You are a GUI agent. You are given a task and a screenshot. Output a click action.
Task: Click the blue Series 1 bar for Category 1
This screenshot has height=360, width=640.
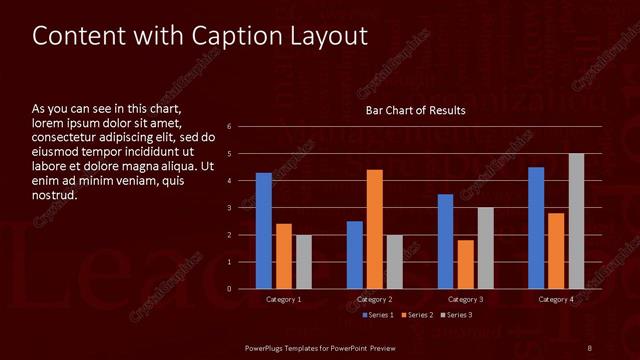263,231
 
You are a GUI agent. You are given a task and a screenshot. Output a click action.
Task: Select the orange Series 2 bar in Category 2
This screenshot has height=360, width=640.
374,229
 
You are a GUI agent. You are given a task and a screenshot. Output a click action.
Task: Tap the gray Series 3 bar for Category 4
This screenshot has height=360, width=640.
576,221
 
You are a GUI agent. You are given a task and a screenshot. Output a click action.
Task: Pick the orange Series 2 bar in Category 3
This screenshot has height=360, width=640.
465,264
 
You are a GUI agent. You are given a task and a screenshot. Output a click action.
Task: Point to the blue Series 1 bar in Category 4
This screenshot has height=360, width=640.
536,228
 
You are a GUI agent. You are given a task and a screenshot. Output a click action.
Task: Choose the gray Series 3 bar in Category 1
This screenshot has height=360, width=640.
303,262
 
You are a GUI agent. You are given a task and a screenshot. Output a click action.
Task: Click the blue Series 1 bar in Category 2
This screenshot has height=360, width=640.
355,255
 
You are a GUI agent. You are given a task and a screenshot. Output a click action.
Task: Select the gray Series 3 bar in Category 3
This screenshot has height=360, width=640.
485,248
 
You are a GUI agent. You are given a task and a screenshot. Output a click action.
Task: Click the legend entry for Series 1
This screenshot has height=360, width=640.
375,315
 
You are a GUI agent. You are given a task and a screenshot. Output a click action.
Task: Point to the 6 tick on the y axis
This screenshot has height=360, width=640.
230,127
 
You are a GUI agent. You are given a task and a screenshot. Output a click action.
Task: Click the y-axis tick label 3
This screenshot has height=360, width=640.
230,208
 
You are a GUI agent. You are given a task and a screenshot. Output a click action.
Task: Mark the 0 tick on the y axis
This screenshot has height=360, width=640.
230,289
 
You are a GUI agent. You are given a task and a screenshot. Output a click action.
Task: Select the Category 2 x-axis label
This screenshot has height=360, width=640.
374,299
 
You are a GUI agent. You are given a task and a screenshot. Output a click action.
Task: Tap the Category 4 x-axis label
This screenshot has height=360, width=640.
556,299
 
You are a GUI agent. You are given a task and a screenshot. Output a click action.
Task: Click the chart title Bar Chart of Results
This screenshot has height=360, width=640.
415,110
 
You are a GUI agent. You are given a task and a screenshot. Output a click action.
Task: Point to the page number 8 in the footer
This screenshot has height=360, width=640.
590,347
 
